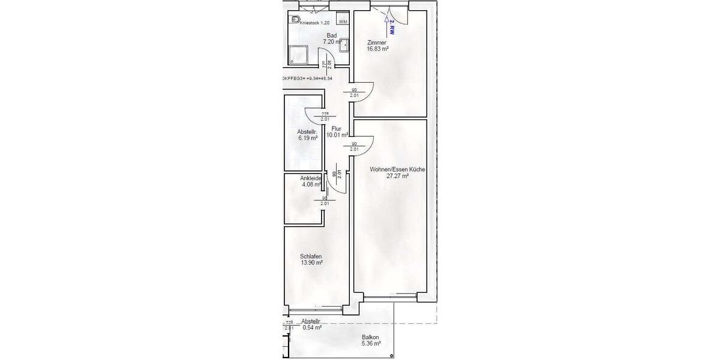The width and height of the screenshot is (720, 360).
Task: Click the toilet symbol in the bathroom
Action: point(295,20)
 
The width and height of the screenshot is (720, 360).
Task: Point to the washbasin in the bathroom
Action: point(346,43)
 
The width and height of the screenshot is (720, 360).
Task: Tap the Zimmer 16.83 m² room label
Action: point(378,46)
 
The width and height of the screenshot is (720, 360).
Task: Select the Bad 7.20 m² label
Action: point(332,39)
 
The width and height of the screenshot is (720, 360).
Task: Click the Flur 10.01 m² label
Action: point(337,132)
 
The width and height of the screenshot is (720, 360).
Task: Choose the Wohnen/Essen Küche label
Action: point(397,173)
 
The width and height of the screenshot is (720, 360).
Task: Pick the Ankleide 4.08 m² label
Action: point(311,181)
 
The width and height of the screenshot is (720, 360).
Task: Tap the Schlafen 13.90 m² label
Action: point(311,260)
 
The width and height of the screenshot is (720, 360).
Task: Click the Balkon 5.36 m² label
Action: point(371,340)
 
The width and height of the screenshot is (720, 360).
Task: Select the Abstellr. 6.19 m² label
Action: point(307,135)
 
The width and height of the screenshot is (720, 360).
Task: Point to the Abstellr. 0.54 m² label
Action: point(311,325)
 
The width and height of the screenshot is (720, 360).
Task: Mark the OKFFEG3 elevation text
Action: point(307,78)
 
